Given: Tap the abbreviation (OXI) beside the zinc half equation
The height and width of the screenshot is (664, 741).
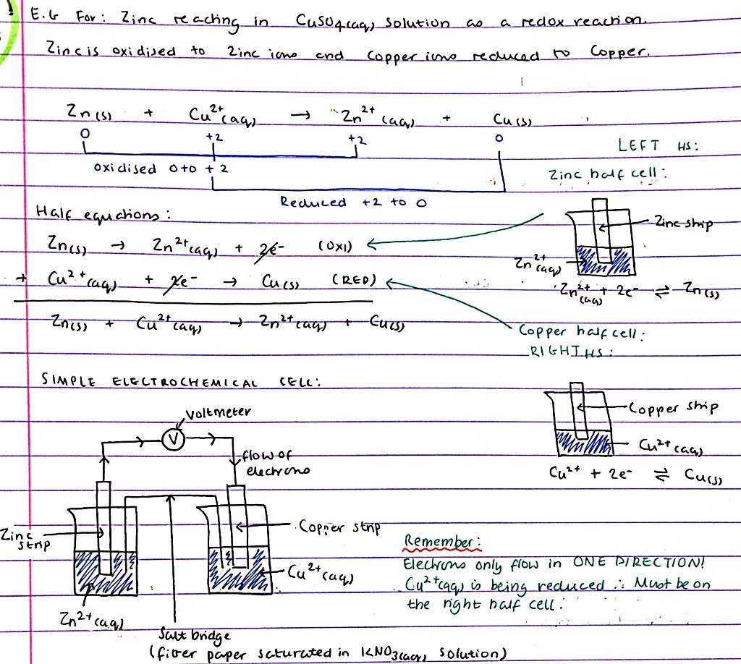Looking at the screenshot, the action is coord(334,247).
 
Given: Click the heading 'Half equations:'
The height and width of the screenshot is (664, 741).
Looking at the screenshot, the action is coord(101,213).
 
